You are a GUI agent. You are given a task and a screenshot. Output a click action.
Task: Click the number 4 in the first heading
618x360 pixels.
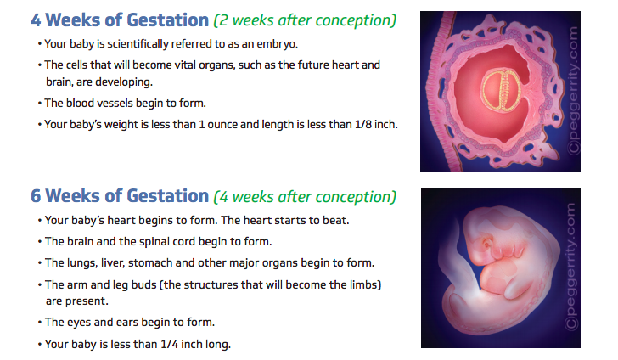point(36,20)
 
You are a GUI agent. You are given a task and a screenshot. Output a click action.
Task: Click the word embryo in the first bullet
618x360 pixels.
point(277,44)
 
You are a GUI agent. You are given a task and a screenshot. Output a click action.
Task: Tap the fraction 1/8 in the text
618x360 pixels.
point(362,124)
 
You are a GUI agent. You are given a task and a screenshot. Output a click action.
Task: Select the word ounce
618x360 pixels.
point(222,125)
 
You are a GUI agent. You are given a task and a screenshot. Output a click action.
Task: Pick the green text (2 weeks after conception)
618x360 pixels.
point(305,20)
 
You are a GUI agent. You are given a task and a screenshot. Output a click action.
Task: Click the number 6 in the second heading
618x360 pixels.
point(36,196)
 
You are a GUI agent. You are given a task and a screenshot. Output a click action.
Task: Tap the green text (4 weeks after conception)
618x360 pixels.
point(305,197)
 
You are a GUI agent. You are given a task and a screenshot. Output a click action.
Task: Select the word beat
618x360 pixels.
point(335,220)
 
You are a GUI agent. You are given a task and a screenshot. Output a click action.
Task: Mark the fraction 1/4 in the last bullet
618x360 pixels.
point(170,344)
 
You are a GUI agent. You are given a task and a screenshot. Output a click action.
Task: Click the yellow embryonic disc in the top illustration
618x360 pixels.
point(501,90)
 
